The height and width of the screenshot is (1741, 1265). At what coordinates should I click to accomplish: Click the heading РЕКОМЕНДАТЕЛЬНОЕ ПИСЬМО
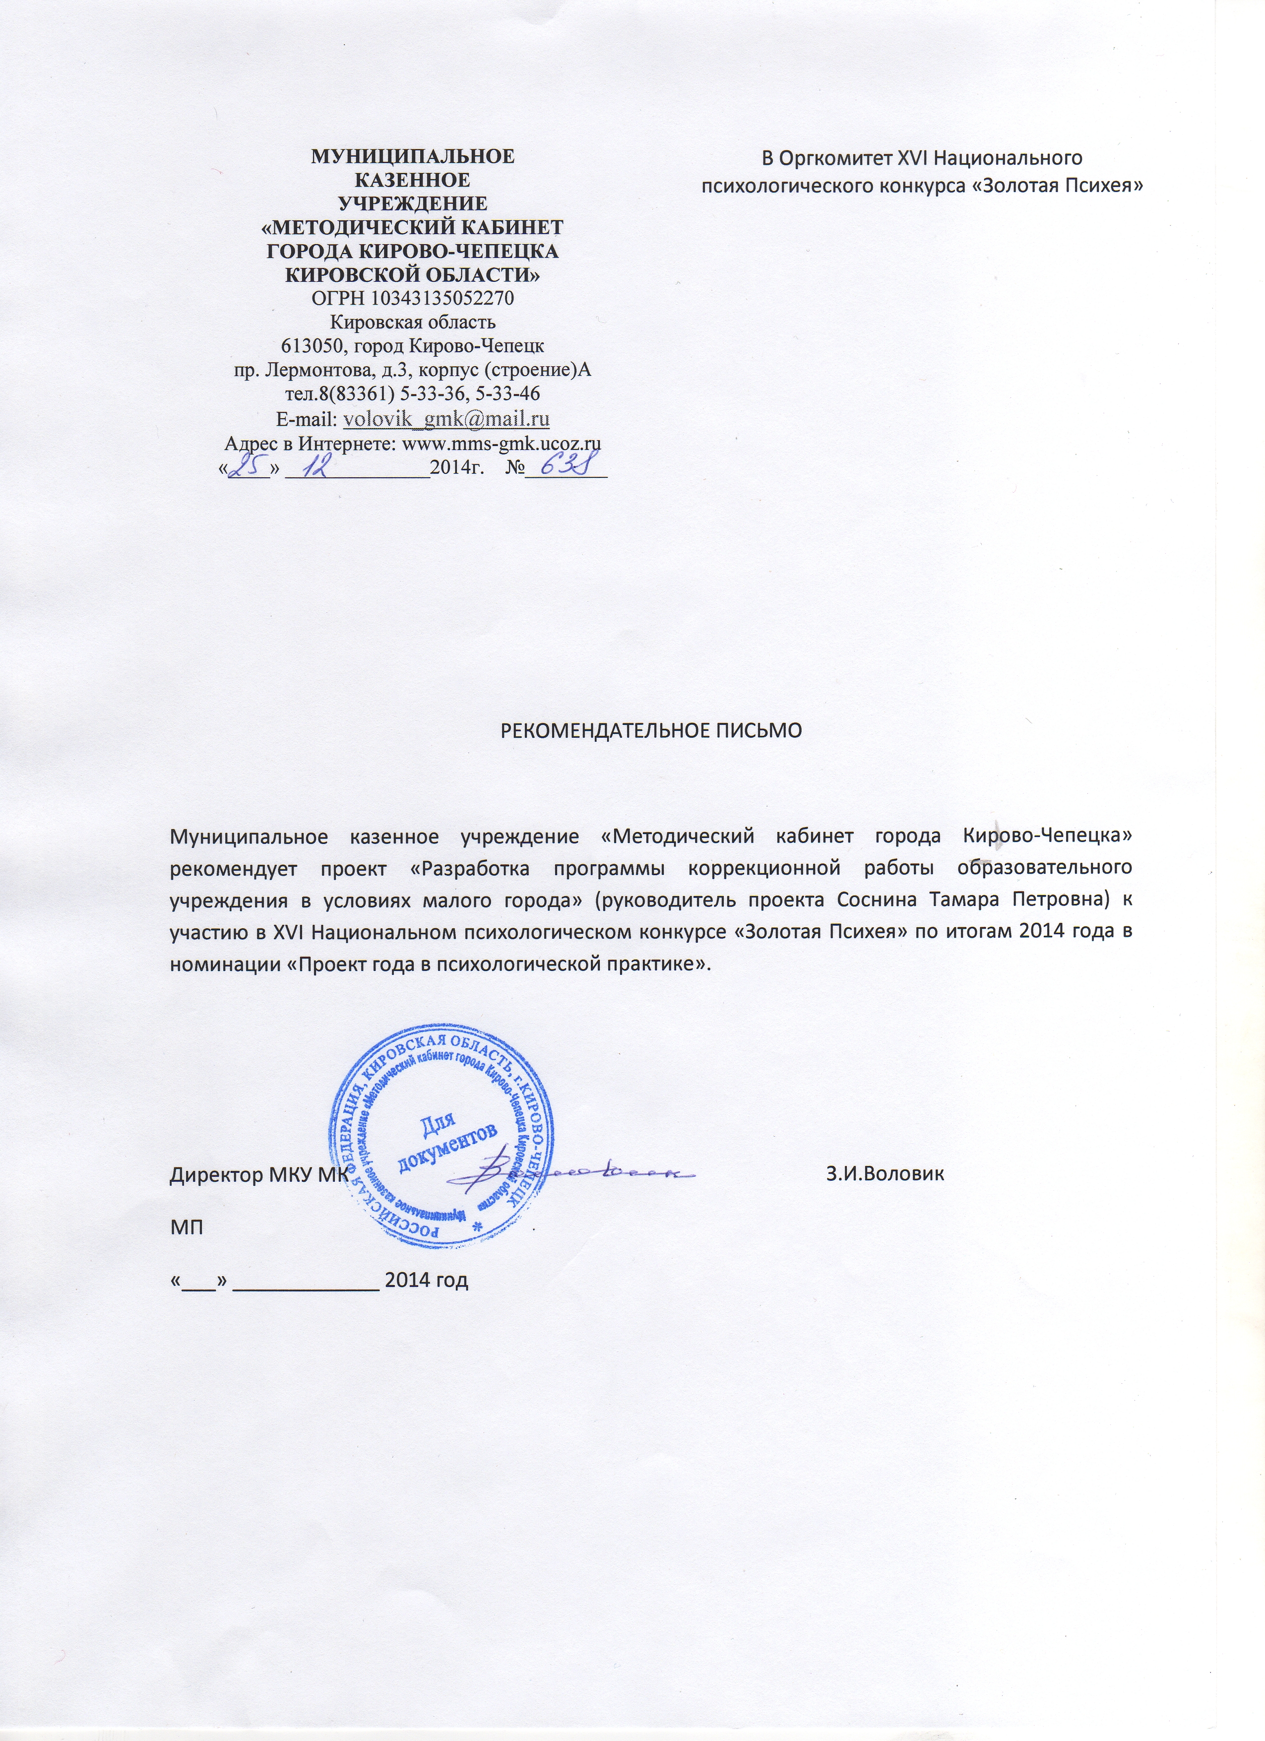pyautogui.click(x=651, y=729)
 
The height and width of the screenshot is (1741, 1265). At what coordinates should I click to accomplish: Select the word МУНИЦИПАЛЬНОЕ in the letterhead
pyautogui.click(x=412, y=157)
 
